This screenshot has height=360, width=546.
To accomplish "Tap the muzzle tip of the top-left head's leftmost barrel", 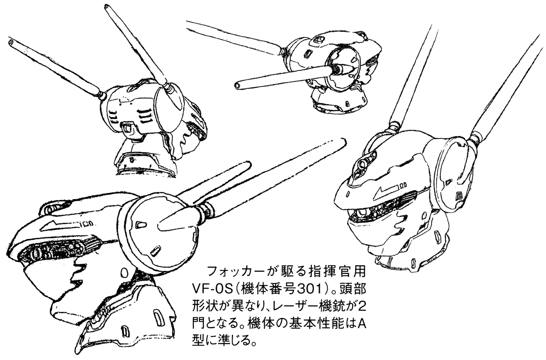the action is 11,42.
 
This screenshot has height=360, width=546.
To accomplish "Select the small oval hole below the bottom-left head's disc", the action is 124,272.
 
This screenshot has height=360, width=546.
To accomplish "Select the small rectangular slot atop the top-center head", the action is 318,39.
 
